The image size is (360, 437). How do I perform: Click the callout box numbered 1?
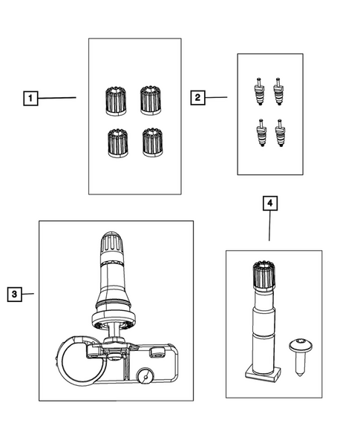(30, 98)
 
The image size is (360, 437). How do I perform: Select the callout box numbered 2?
(197, 97)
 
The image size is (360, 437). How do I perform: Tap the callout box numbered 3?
(15, 294)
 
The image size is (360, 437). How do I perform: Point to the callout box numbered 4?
(270, 203)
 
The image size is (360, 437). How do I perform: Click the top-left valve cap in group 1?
(116, 101)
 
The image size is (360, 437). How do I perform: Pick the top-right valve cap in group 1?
(151, 100)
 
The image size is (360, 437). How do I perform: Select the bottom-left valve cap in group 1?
(118, 143)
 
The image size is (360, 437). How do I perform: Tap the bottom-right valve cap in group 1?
(152, 142)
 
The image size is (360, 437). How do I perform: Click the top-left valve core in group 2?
(260, 91)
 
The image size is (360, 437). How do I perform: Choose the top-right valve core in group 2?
(278, 91)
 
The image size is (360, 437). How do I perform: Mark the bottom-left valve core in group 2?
(261, 133)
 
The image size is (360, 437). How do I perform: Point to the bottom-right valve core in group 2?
(281, 133)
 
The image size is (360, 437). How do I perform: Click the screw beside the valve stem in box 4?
(301, 357)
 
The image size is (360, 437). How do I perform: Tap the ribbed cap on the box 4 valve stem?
(264, 275)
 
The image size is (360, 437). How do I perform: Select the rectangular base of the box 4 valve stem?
(263, 375)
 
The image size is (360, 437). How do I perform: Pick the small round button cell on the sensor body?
(145, 377)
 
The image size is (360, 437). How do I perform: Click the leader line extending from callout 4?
(269, 226)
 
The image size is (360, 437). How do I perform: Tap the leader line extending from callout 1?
(57, 98)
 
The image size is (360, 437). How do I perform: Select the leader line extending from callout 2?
(216, 97)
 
